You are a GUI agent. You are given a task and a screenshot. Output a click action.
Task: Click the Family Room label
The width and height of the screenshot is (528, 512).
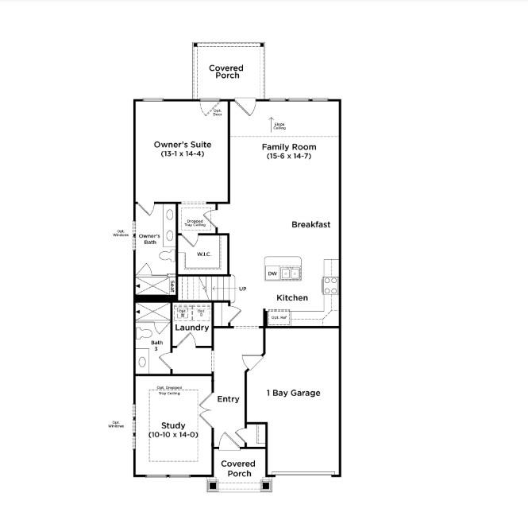[x=289, y=147]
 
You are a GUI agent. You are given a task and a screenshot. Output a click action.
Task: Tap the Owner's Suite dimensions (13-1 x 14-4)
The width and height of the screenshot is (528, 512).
[x=182, y=153]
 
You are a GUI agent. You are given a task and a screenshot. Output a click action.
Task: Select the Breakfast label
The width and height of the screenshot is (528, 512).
[x=310, y=225]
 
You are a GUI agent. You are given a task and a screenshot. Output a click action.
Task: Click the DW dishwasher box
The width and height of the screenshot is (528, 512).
[x=272, y=273]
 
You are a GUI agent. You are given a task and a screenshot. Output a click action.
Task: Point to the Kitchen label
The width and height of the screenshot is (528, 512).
[x=291, y=298]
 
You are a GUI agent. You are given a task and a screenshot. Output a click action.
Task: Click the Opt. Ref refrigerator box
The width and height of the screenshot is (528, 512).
[x=279, y=317]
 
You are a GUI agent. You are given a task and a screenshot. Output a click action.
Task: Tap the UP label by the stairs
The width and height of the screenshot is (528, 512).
[x=242, y=289]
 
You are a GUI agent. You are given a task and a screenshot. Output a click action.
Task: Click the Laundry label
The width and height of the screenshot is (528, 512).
[x=191, y=328]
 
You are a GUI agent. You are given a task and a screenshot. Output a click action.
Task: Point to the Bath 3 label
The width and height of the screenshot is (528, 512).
[x=156, y=347]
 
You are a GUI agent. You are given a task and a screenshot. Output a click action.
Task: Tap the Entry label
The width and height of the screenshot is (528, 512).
[x=228, y=399]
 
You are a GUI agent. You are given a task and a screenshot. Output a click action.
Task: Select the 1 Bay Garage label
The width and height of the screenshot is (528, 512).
[x=294, y=393]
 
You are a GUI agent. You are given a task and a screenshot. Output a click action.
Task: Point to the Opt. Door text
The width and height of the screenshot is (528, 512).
[x=217, y=113]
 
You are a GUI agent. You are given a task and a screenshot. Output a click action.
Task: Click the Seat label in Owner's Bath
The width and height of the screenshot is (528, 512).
[x=172, y=285]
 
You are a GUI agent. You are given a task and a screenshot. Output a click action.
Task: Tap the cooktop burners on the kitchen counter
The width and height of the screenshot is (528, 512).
[x=330, y=284]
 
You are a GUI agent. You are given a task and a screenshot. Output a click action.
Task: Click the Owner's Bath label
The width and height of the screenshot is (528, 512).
[x=149, y=239]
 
